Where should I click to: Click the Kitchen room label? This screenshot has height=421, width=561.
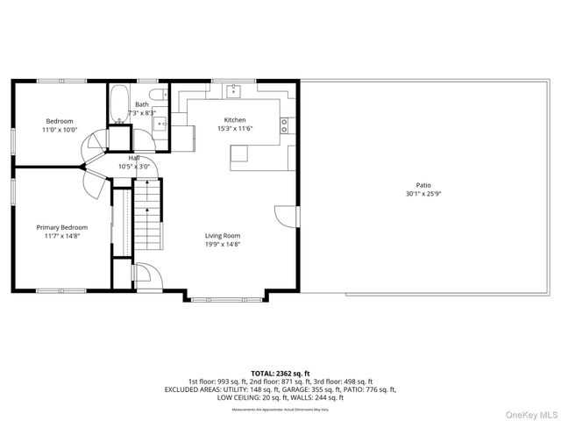point(234,120)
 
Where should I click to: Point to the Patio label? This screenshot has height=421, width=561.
point(423,185)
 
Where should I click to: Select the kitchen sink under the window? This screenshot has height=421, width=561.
point(235,89)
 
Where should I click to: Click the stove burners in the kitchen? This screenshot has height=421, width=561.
point(285,125)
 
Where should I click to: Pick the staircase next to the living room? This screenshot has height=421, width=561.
point(149,218)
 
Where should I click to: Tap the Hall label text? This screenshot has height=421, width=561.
point(134,158)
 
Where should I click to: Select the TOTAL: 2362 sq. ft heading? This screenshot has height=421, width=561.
point(280,373)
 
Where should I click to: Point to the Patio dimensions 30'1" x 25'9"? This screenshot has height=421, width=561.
point(423,194)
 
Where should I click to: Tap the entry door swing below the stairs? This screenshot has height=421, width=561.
point(145,275)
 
